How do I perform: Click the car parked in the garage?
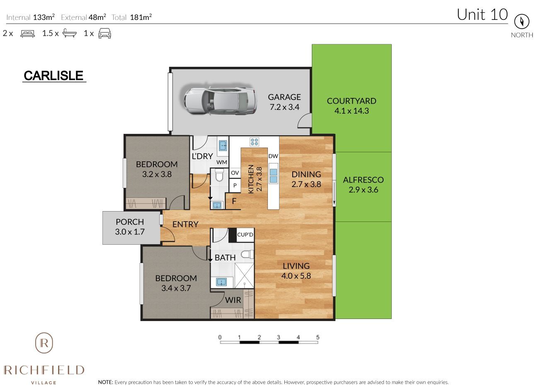point(219,101)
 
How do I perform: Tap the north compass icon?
point(522,22)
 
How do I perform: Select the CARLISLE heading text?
point(53,76)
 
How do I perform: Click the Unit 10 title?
point(482,15)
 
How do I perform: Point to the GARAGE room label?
point(284,97)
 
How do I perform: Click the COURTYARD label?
point(351,101)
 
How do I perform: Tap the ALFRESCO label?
point(363,180)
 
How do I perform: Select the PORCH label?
point(130,222)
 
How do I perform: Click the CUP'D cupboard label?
point(245,235)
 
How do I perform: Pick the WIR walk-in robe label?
point(233,300)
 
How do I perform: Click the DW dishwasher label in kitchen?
point(273,156)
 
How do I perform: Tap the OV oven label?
point(235,173)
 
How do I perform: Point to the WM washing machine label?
point(222,162)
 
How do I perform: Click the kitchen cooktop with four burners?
point(254,141)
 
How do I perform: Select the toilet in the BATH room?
point(248,254)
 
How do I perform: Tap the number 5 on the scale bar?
point(318,337)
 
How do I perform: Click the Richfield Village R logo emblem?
point(44,343)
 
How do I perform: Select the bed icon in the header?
point(28,34)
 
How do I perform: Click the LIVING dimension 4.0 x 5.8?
point(296,276)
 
